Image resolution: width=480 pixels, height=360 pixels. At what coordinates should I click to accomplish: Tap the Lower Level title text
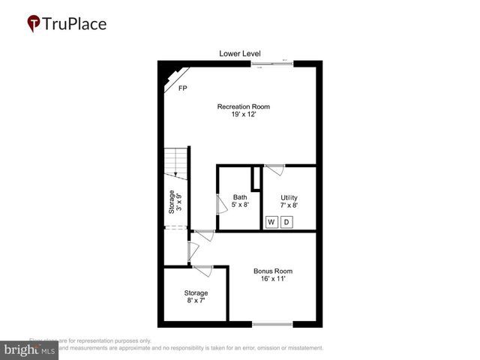coord(240,53)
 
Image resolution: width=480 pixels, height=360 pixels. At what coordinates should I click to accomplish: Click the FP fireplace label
coord(182,88)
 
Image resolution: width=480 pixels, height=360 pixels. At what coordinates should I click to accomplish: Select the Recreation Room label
coord(244,106)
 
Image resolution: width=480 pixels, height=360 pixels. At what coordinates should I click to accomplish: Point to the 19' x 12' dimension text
coord(244,115)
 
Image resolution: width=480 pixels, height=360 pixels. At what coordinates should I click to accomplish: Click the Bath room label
coord(239,198)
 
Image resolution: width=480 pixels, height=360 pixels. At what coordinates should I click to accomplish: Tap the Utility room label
coord(289,198)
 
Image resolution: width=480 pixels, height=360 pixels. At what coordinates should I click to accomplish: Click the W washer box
coord(271,222)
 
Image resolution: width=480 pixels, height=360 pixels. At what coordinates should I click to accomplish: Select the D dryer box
coord(286,222)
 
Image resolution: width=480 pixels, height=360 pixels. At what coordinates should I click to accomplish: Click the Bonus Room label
coord(272,271)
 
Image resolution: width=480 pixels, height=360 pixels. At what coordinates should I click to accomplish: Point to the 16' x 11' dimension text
coord(272,279)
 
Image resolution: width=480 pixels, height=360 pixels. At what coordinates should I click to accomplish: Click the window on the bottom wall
coord(272,324)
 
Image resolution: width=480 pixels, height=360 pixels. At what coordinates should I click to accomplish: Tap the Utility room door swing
coord(275,169)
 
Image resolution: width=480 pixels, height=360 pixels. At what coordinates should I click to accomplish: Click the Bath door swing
coord(221,203)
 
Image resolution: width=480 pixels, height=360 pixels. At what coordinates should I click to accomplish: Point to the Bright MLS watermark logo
coord(29,350)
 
